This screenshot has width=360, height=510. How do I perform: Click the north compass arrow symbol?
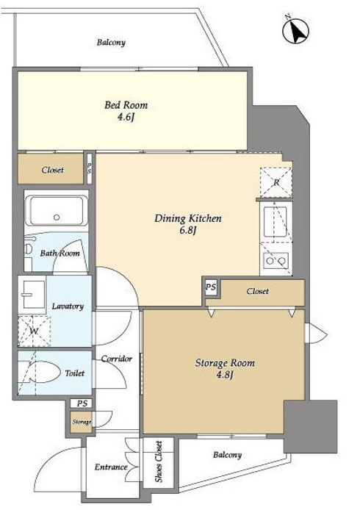click(295, 31)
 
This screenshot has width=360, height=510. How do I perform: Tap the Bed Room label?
click(126, 105)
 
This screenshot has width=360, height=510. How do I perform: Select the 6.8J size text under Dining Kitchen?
click(187, 231)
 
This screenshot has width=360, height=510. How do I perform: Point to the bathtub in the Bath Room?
click(57, 211)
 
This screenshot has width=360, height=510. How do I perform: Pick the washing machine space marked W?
click(34, 331)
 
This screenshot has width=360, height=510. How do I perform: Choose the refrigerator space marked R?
click(276, 182)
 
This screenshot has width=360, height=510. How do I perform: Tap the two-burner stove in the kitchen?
click(276, 260)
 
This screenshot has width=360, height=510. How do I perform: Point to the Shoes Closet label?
click(159, 461)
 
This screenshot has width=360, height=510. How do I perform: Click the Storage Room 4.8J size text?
click(225, 376)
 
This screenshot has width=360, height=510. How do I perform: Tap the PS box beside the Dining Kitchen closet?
click(211, 287)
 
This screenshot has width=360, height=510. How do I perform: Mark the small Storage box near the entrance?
click(82, 422)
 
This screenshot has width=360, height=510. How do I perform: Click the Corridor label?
click(116, 359)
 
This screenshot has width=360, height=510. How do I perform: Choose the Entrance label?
click(111, 467)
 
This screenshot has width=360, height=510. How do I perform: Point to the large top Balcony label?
click(111, 43)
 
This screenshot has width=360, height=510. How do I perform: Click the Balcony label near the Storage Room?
click(227, 455)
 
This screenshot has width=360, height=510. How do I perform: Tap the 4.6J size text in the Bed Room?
click(126, 117)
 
